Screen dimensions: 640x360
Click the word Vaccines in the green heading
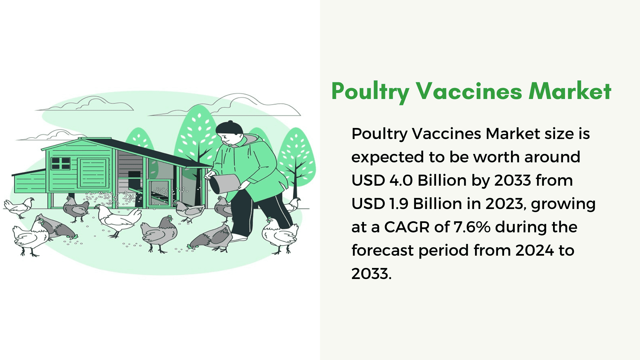[469, 91]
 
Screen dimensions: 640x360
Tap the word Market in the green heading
[570, 91]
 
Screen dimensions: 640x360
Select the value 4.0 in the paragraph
[401, 181]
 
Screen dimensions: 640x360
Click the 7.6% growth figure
[472, 227]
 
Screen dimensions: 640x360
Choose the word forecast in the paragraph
[383, 251]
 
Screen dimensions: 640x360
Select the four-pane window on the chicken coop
[60, 163]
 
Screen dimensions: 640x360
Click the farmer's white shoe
[240, 238]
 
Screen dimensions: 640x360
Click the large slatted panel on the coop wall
[93, 173]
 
